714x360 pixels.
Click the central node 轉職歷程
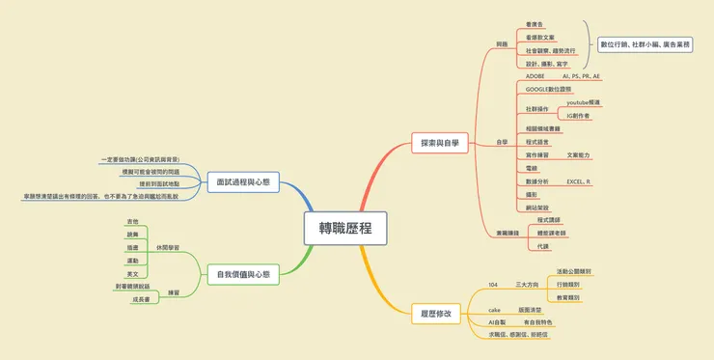pos(344,228)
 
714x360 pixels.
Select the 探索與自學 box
pos(439,143)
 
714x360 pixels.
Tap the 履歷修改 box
pos(436,313)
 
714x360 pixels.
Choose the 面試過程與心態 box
pos(243,180)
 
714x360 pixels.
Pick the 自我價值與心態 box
pos(243,275)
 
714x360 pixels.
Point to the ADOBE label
pos(535,75)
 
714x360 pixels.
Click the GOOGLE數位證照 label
pos(550,88)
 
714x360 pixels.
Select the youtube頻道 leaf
pos(583,102)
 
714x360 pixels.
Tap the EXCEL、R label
pos(579,181)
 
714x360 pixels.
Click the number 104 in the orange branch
pos(493,285)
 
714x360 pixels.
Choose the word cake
pos(494,310)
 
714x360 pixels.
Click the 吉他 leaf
pos(132,221)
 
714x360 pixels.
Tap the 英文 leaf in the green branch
pos(132,274)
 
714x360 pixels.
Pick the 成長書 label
pos(140,299)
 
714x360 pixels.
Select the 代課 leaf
pos(543,246)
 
